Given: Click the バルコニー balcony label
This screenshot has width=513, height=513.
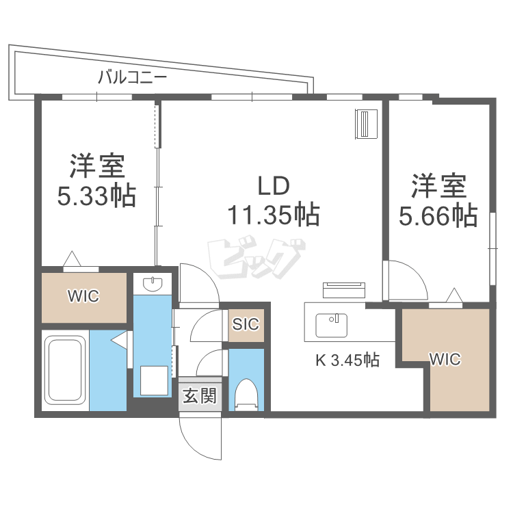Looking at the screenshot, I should pos(132,77).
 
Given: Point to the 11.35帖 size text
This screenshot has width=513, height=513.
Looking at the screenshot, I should pos(274,215).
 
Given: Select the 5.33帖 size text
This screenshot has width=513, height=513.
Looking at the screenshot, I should pos(96,197).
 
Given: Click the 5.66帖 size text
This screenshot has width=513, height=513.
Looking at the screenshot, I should pos(438,216).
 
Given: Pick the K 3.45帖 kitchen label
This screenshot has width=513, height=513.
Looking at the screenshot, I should pos(347,359).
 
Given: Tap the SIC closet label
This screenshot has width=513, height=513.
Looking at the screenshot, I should pos(246,324).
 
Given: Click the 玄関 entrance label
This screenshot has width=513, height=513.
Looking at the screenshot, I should pos(200,395).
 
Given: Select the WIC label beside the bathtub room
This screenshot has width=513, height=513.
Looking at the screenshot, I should pos(83,296).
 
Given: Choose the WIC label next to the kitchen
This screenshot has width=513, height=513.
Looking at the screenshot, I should pos(445,358).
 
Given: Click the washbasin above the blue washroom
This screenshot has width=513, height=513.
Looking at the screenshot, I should pos(152,282).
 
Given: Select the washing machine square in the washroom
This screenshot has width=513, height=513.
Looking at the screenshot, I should pos(155,380).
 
